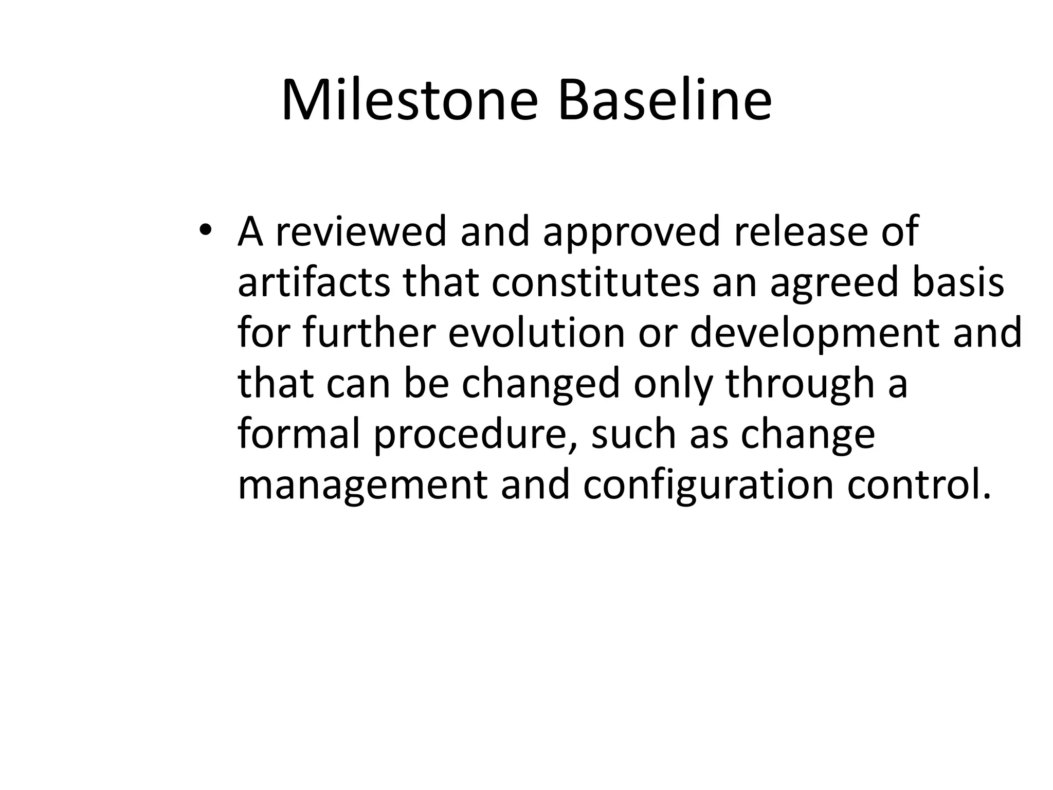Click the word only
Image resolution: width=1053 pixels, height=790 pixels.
pyautogui.click(x=673, y=385)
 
